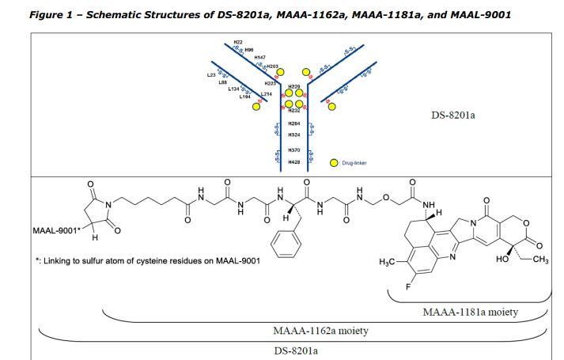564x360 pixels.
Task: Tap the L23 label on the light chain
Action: coord(211,74)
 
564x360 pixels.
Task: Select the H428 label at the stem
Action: coord(293,161)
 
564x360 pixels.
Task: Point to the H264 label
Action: coord(293,124)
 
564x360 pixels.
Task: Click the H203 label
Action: coord(271,66)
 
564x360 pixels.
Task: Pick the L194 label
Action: coord(244,97)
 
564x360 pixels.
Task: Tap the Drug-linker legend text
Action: coord(354,163)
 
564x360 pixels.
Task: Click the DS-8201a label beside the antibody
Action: coord(452,116)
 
